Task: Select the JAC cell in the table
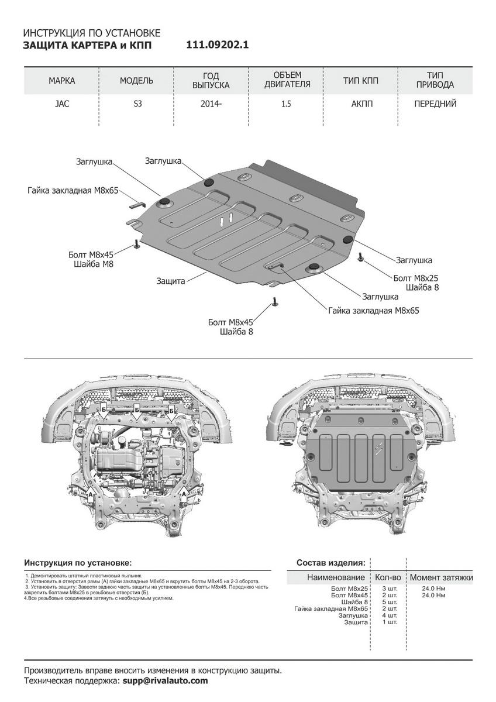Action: click(x=61, y=104)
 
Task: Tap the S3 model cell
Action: click(x=136, y=104)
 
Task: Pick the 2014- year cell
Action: click(x=211, y=104)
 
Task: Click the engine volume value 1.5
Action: click(x=285, y=104)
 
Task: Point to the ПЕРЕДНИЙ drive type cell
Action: click(x=435, y=104)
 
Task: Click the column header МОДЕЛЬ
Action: click(x=136, y=81)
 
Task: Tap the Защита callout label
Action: click(x=171, y=281)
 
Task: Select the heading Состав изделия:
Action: click(x=331, y=563)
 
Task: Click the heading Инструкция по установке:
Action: click(x=78, y=563)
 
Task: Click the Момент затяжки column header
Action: click(x=441, y=577)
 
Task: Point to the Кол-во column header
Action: click(x=388, y=577)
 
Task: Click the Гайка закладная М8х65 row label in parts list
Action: click(x=331, y=608)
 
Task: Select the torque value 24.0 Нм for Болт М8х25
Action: click(x=433, y=588)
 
